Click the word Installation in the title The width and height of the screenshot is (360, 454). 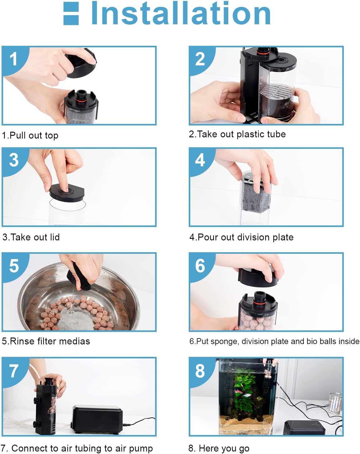coord(181,13)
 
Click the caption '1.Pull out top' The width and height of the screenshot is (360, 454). coord(30,135)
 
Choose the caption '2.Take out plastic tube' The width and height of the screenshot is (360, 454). coord(237,134)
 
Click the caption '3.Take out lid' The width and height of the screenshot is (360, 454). coord(31,237)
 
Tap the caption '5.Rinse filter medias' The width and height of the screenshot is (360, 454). coord(46,341)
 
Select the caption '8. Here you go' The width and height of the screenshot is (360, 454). coord(219,448)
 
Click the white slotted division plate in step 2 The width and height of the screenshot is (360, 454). coord(277,91)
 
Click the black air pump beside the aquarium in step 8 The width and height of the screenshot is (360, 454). coord(305,427)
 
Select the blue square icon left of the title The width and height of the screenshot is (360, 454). coord(71,13)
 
